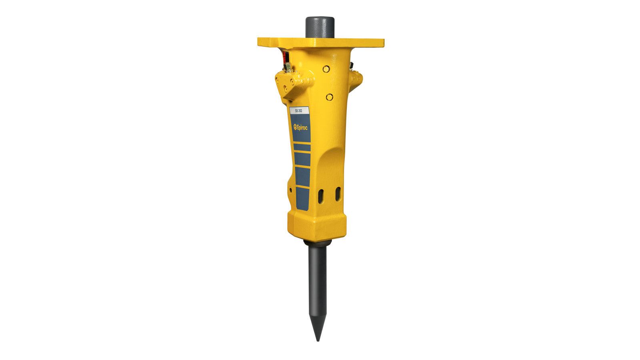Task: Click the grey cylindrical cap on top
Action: tap(320, 28)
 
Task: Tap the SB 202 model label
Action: tap(299, 110)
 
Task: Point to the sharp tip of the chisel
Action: tap(318, 340)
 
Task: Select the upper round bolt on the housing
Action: tap(326, 69)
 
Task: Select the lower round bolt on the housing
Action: tap(330, 97)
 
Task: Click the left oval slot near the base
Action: tap(321, 196)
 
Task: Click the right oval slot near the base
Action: tap(338, 194)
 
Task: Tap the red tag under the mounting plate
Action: tap(285, 57)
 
